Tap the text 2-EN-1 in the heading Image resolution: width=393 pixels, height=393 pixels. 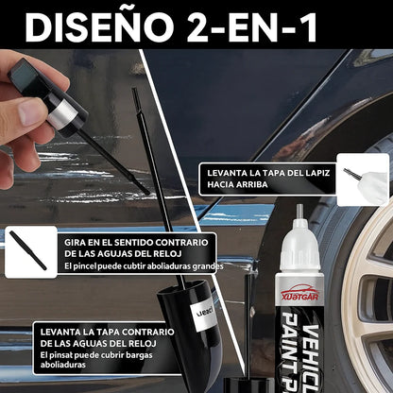coord(252,27)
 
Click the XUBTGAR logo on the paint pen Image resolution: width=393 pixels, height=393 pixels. coord(299,294)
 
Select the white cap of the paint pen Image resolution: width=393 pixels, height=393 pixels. coord(299,246)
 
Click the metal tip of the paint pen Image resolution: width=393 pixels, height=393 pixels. coord(299,212)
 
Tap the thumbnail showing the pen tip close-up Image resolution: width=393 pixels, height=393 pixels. coord(363,179)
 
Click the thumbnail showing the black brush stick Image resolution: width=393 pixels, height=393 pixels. coord(31,252)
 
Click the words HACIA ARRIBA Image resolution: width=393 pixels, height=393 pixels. coord(237,184)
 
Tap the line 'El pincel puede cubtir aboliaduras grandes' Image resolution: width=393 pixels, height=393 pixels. coord(144,266)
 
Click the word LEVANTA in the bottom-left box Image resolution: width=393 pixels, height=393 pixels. coord(59,332)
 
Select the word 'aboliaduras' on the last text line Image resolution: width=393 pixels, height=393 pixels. coord(63,365)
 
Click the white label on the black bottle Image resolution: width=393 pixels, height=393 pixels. coord(204,315)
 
